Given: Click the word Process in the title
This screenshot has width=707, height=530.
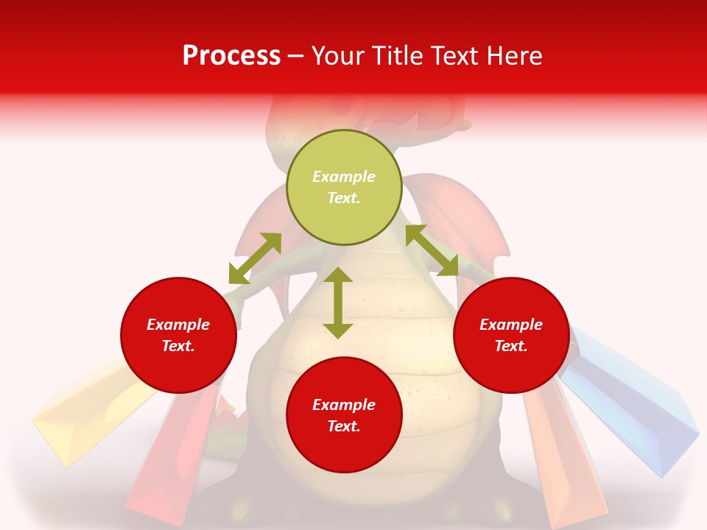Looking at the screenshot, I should click(x=231, y=56).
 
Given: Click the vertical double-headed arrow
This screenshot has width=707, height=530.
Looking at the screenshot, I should click(x=338, y=303).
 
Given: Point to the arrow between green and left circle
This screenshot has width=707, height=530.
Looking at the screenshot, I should click(x=255, y=258).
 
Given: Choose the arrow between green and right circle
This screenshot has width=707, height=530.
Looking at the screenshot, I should click(x=432, y=250).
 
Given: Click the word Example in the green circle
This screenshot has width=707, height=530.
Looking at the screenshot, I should click(x=344, y=177).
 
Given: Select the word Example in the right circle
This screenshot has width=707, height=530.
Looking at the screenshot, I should click(x=511, y=325).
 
